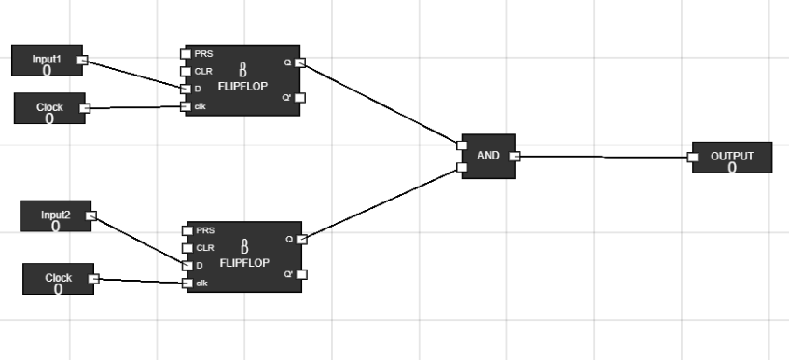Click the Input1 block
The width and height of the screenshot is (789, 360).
[46, 61]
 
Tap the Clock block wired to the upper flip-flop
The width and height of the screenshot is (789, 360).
[49, 108]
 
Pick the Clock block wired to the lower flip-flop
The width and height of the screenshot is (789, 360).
[58, 279]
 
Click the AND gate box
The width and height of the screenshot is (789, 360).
[488, 156]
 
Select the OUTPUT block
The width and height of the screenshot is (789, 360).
[732, 158]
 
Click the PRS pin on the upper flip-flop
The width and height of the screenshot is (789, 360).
[186, 53]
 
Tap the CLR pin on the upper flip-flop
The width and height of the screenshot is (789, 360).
[186, 71]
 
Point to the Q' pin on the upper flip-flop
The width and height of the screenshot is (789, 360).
[300, 97]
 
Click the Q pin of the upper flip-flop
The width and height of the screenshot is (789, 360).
[300, 62]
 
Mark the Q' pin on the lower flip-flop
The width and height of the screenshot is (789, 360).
[301, 274]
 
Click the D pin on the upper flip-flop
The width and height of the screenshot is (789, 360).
[186, 89]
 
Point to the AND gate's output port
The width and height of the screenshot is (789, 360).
[515, 156]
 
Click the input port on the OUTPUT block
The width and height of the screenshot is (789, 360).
[693, 157]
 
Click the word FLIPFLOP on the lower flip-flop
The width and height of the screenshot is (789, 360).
[244, 263]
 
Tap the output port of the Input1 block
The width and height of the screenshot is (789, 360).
[82, 61]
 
